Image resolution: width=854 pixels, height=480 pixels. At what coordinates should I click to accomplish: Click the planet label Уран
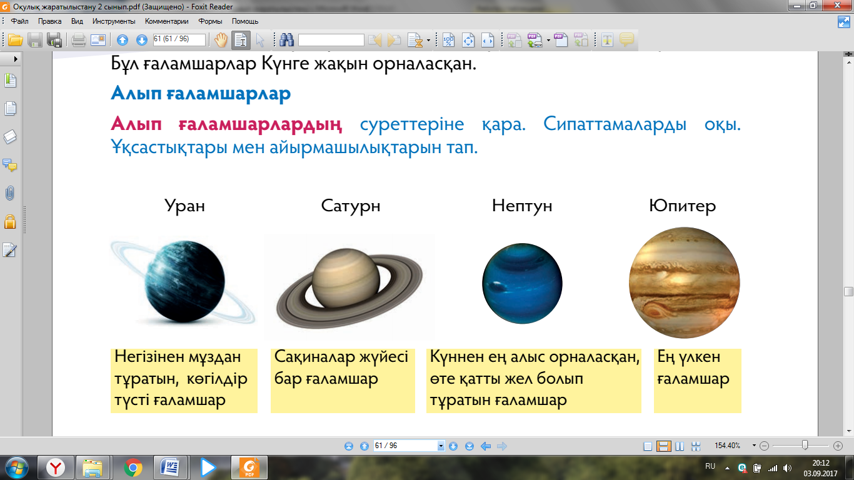[x=184, y=206]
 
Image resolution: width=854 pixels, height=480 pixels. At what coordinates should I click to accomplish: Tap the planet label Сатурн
[x=351, y=206]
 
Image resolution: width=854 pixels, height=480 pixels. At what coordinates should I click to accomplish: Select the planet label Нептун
[x=522, y=206]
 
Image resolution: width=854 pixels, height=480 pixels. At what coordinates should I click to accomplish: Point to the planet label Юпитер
[x=683, y=206]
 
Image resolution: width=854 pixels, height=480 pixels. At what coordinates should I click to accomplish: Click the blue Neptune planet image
[x=522, y=283]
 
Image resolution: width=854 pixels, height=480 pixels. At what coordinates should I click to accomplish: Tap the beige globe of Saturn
[x=346, y=278]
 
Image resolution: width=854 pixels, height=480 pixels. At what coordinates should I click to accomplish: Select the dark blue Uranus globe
[x=184, y=281]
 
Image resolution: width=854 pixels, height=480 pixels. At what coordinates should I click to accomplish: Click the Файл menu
[x=19, y=21]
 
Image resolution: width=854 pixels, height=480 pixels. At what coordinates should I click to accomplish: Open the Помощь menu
[x=245, y=21]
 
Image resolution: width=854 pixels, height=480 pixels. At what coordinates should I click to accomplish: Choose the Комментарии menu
[x=166, y=21]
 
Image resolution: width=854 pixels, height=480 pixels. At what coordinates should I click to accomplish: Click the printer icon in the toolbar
[x=79, y=39]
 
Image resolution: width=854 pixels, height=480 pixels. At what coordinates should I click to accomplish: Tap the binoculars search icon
[x=286, y=39]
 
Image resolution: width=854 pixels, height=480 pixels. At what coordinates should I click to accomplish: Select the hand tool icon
[x=221, y=39]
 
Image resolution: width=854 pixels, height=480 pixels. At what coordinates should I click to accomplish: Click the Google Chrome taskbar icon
[x=133, y=467]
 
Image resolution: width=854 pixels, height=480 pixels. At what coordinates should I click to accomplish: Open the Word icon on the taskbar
[x=170, y=467]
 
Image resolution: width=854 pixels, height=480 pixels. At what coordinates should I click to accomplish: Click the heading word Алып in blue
[x=136, y=93]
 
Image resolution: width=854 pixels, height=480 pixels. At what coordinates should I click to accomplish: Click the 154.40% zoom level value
[x=727, y=445]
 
